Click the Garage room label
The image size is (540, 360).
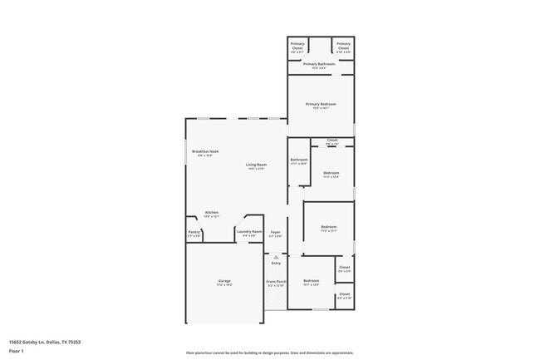tap(224, 281)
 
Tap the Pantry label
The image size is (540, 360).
tap(194, 232)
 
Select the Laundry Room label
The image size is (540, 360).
tap(251, 231)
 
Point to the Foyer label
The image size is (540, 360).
tap(275, 232)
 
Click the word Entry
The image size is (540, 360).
tap(276, 263)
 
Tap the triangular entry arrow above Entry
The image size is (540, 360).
tap(276, 257)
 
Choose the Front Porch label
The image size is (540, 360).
tap(276, 282)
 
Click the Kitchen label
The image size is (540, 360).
tap(212, 212)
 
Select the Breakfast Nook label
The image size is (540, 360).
tap(205, 151)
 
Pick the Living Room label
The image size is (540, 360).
tap(256, 165)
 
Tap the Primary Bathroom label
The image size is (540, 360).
tap(319, 64)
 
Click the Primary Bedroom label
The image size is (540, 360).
tap(321, 104)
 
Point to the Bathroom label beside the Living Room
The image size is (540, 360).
tap(299, 160)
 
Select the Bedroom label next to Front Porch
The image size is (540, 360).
tap(312, 282)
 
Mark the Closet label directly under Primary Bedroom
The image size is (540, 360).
tap(332, 140)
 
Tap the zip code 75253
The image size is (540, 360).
tap(74, 342)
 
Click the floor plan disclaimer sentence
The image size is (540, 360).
tap(270, 353)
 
